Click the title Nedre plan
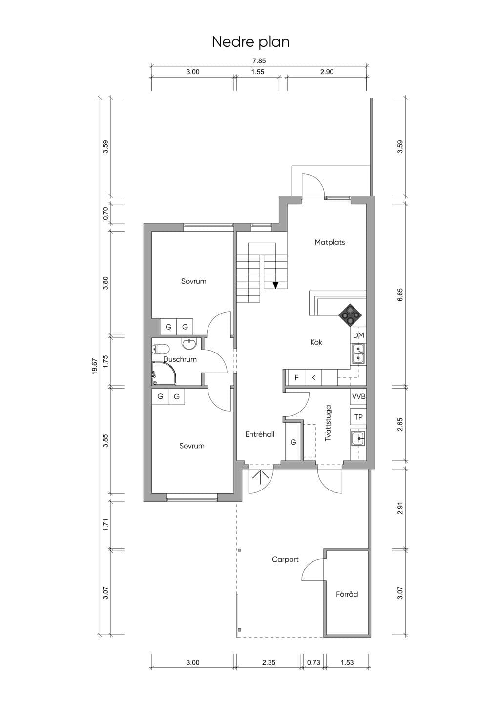[250, 42]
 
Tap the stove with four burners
[351, 315]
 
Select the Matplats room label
[330, 242]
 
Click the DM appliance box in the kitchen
[358, 335]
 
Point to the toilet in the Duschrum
[161, 349]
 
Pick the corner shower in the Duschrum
[164, 373]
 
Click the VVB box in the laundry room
[358, 397]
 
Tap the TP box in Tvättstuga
[358, 417]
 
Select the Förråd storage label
[347, 594]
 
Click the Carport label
[285, 559]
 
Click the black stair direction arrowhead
[276, 285]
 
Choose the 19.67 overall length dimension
[95, 367]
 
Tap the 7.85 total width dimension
[259, 61]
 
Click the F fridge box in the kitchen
[297, 377]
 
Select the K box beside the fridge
[313, 377]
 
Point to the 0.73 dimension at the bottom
[314, 662]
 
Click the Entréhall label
[260, 434]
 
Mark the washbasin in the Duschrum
[189, 344]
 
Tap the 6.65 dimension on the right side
[400, 294]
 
